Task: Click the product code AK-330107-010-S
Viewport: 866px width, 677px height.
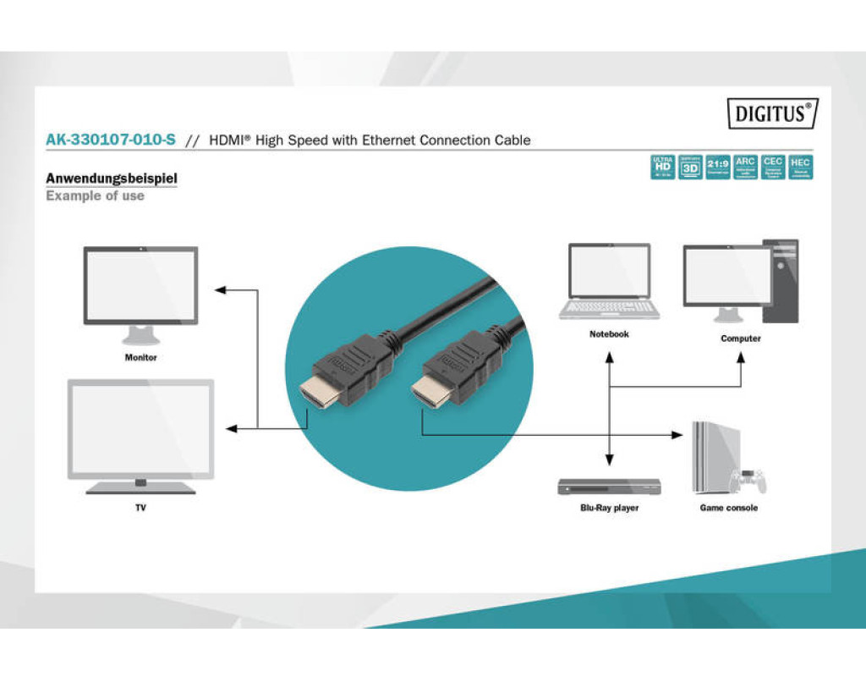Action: (111, 140)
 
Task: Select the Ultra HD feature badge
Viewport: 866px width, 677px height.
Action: (662, 168)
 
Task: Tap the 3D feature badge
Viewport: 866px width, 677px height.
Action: (690, 168)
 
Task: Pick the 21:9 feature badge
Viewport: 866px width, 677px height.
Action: (718, 168)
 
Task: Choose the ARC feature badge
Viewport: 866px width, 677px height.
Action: (745, 168)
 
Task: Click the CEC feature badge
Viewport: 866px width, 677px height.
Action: (772, 168)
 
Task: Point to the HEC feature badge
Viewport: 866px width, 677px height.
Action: (800, 168)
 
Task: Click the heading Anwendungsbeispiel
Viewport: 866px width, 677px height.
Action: (112, 179)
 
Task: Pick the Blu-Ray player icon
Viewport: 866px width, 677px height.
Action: (609, 487)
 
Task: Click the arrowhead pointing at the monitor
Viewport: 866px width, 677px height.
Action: (220, 290)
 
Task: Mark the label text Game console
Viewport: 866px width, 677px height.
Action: (728, 508)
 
